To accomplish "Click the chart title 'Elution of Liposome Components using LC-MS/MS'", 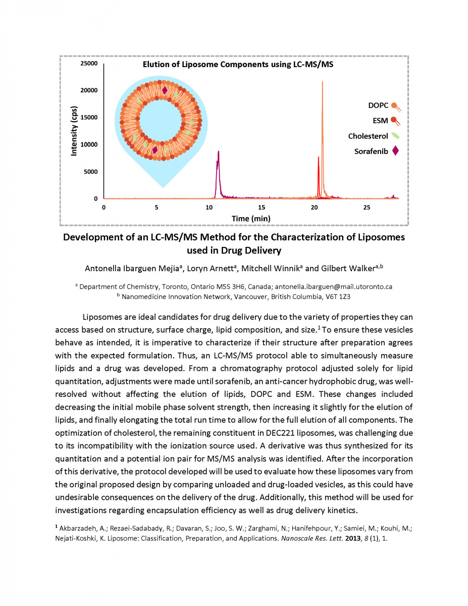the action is click(x=238, y=65).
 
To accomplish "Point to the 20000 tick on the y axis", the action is click(x=89, y=90).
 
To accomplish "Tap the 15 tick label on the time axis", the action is click(x=262, y=208).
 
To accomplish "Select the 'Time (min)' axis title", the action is click(x=251, y=219).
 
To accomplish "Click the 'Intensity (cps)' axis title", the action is click(x=74, y=131).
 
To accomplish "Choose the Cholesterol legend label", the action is click(x=368, y=136).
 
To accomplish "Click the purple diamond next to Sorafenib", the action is click(x=395, y=151).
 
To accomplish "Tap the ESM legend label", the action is click(x=380, y=121).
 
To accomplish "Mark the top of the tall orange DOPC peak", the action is click(x=323, y=81).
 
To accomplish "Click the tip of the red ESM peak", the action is click(x=319, y=157).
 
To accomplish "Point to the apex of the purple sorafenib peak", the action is click(x=219, y=151).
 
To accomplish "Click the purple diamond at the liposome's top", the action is click(x=165, y=90).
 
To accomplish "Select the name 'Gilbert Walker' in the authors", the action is click(x=348, y=269).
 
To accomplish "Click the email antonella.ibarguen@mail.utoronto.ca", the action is click(x=333, y=287).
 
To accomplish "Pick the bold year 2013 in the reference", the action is click(x=353, y=538).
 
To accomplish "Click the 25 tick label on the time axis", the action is click(x=367, y=208).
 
